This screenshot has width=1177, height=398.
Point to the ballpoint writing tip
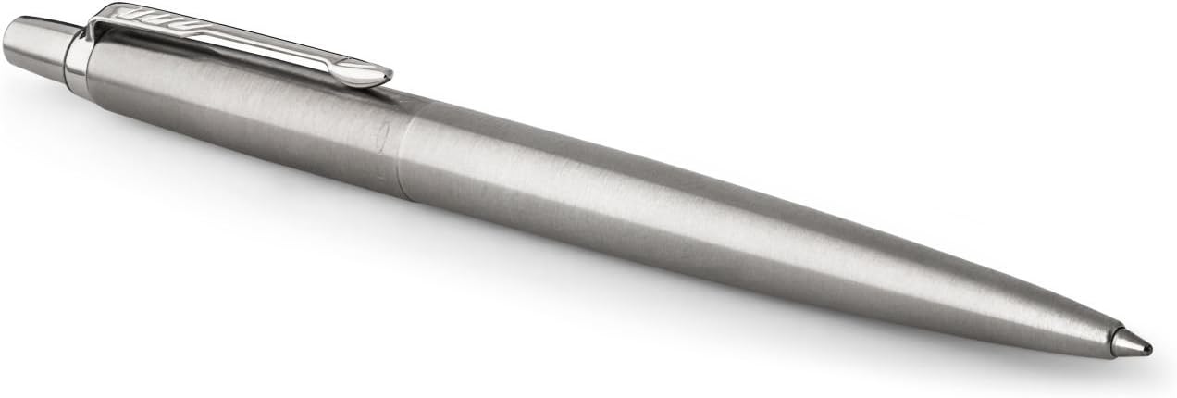(x=1148, y=349)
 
